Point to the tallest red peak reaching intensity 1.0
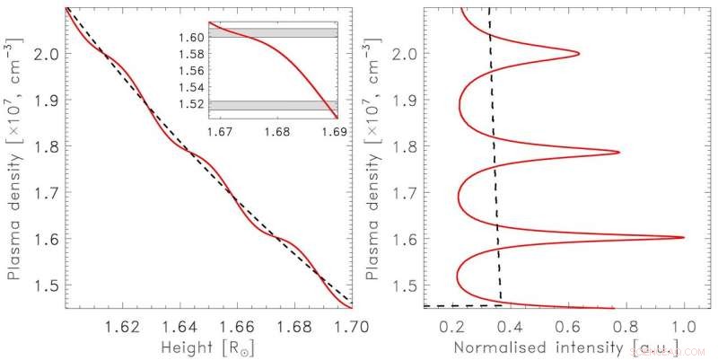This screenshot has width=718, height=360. pos(683,237)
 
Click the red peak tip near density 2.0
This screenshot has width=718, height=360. pos(579,53)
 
